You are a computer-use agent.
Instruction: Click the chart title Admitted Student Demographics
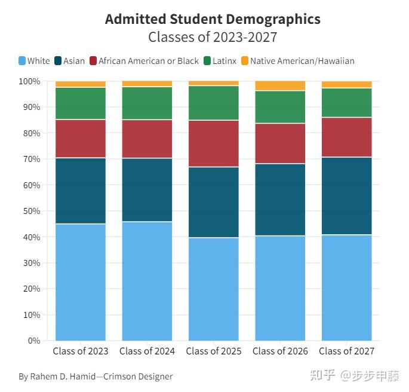pos(213,19)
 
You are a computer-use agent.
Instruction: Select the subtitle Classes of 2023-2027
pos(213,37)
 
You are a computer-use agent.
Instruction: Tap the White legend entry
pos(34,61)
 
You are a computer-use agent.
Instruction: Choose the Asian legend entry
pos(69,61)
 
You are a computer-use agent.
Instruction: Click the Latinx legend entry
pos(220,61)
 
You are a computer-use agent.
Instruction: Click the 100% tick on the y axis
pos(29,81)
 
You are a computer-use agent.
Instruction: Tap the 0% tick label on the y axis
pos(33,341)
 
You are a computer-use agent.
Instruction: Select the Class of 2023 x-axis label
pos(81,351)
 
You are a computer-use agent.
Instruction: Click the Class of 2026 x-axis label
pos(280,351)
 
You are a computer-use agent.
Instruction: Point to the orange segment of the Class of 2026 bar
pos(280,85)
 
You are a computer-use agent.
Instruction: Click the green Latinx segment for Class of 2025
pos(214,103)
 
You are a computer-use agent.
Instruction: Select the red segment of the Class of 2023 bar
pos(81,138)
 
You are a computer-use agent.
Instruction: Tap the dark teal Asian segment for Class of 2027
pos(347,195)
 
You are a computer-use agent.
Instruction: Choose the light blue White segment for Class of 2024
pos(147,281)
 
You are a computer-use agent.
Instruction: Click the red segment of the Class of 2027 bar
pos(347,137)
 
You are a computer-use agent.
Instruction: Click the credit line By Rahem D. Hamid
pos(96,376)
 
